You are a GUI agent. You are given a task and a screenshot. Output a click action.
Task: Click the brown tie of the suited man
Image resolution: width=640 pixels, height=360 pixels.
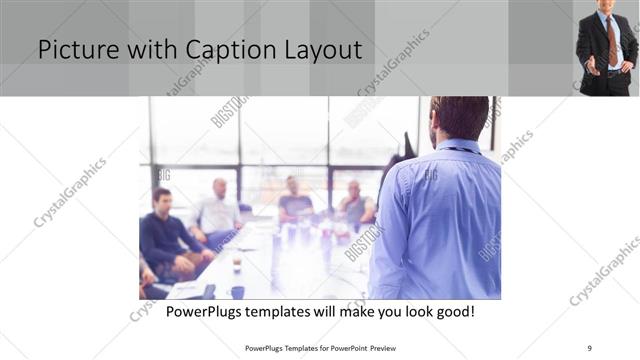(611, 40)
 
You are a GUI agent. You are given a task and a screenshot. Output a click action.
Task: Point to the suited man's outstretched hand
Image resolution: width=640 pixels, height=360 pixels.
(589, 69)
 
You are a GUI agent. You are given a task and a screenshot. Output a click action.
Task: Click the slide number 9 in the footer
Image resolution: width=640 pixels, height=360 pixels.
(590, 348)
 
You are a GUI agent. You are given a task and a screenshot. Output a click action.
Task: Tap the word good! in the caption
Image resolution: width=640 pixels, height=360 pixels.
(453, 312)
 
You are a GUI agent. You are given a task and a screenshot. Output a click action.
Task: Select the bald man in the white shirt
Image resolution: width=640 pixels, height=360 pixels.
(217, 211)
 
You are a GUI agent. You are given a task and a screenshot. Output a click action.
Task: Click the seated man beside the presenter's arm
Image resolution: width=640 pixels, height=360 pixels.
(354, 204)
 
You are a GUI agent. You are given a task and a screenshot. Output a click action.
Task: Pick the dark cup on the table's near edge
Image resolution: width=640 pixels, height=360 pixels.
(237, 291)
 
